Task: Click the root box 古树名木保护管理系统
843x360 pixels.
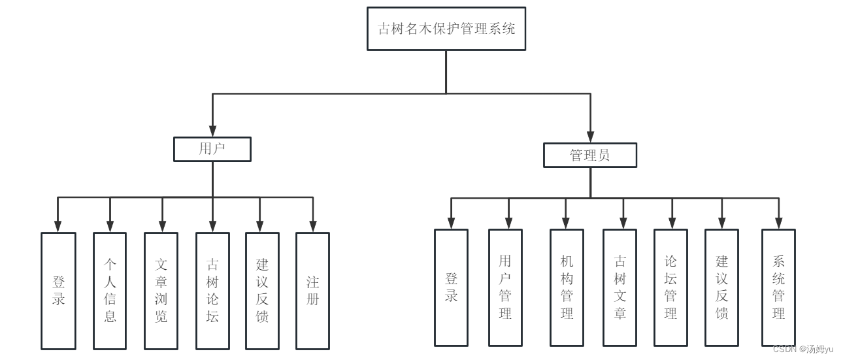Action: pos(446,29)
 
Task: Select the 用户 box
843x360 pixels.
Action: pos(212,149)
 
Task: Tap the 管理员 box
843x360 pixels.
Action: pos(590,155)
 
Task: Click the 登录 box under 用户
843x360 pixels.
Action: pos(59,291)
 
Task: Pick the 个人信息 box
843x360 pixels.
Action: pos(110,291)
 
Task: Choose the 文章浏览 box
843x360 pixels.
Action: pos(161,291)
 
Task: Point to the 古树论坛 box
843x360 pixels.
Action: pos(212,291)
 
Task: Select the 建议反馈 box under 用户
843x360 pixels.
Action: pos(262,291)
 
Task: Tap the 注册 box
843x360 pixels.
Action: pos(312,291)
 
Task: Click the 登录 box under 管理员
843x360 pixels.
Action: pos(451,287)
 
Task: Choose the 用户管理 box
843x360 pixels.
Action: pos(505,287)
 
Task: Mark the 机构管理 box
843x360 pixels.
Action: pos(567,287)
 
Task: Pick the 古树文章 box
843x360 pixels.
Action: pos(620,287)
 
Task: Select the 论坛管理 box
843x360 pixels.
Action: pos(670,287)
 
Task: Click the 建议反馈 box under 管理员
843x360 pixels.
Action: pos(721,287)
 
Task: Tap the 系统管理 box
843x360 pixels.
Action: pos(778,287)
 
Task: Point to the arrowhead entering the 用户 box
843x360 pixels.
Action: pos(212,131)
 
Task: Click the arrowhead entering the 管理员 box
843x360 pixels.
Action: pos(590,137)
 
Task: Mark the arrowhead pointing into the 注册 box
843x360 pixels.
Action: pos(312,227)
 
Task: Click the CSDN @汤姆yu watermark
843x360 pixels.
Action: pos(802,350)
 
